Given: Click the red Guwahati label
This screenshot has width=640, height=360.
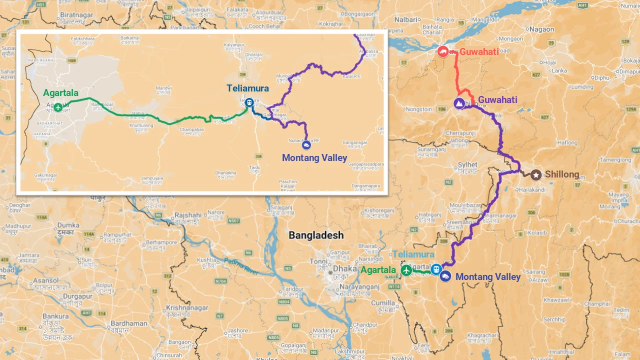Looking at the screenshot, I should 479,51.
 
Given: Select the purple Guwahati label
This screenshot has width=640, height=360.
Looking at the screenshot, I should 497,99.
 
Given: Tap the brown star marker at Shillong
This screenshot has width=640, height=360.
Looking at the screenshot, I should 536,174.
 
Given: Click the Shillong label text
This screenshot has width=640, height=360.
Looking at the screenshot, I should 562,174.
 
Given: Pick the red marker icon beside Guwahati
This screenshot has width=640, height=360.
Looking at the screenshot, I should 443,51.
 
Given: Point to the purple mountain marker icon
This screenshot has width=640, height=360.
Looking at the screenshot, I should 459,103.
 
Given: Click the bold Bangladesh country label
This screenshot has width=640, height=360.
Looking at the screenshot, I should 316,235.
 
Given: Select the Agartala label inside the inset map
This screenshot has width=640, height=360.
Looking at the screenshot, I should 60,93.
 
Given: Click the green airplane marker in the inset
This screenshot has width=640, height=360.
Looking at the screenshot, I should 58,107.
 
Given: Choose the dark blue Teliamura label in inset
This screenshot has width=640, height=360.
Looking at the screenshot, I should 247,88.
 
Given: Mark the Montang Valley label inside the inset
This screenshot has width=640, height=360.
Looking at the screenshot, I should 314,158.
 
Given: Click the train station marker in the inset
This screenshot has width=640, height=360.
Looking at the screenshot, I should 249,102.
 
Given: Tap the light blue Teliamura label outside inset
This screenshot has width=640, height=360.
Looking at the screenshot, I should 413,254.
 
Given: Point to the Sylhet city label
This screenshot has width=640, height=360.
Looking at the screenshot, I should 467,164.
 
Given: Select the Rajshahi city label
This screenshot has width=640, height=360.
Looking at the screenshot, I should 188,215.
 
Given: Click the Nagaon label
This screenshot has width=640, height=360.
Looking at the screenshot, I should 542,29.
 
